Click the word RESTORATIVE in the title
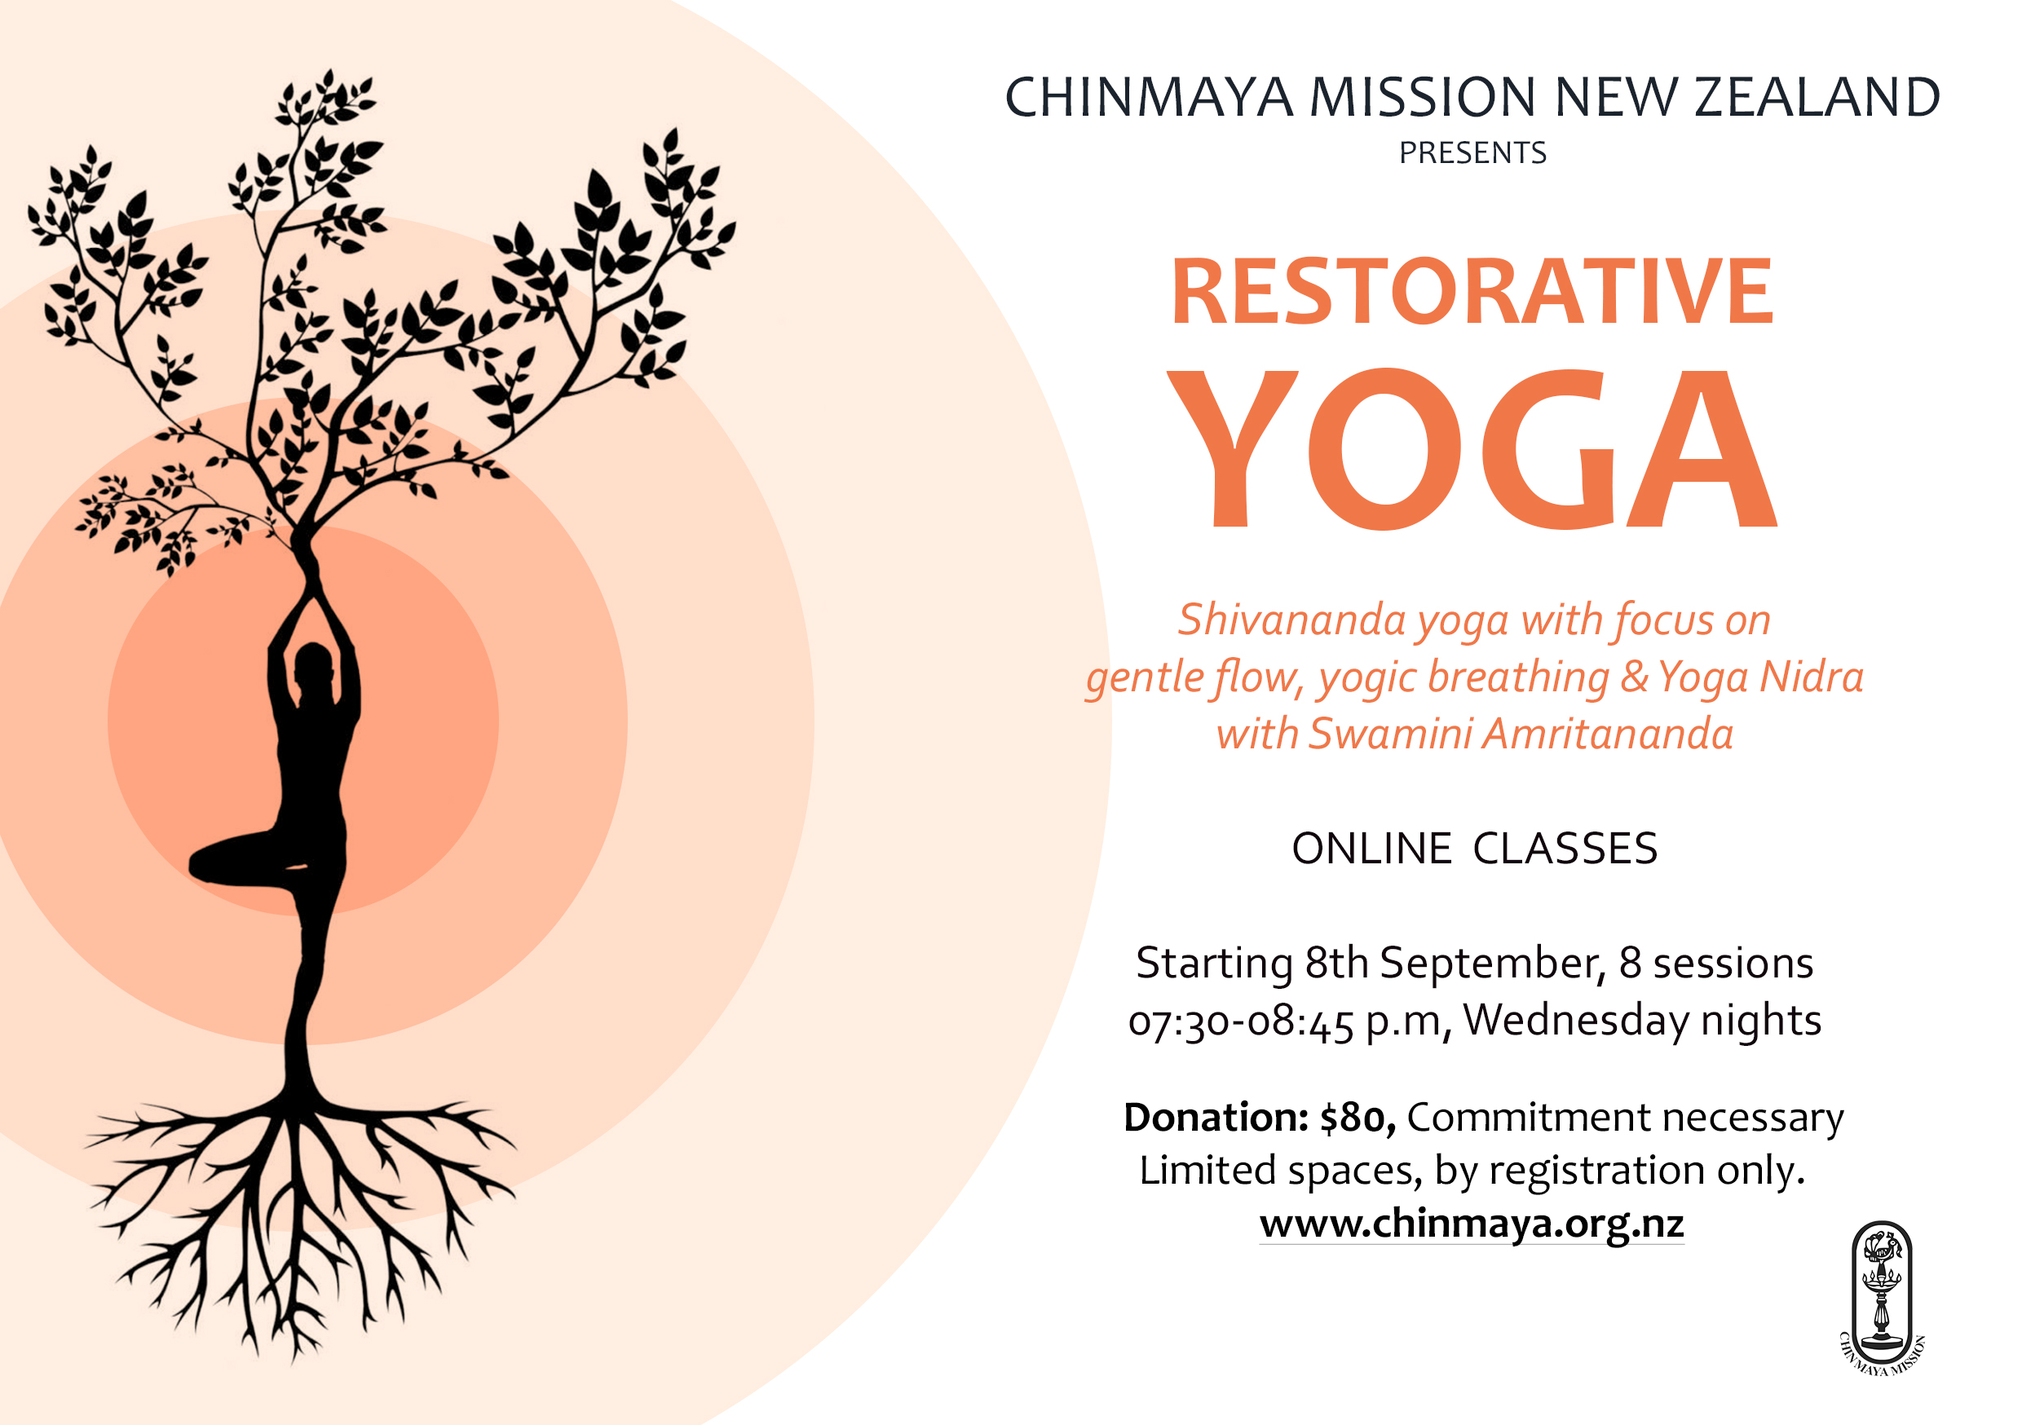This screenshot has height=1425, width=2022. [1472, 292]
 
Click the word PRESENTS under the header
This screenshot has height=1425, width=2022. [1472, 153]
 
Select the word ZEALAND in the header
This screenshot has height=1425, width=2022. [1817, 97]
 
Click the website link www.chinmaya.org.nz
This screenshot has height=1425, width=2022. [1472, 1224]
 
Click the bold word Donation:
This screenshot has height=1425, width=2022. [1216, 1117]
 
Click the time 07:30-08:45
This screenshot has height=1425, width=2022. [1241, 1022]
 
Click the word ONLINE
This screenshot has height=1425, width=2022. [1371, 849]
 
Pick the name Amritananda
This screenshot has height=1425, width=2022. [1608, 734]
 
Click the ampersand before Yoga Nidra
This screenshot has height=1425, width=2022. [1634, 677]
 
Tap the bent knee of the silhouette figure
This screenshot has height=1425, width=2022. [201, 864]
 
